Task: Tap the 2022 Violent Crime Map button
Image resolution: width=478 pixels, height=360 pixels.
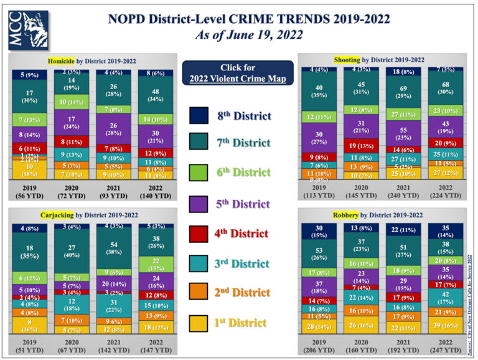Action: pos(237,73)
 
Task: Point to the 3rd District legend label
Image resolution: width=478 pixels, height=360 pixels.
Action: pos(242,263)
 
